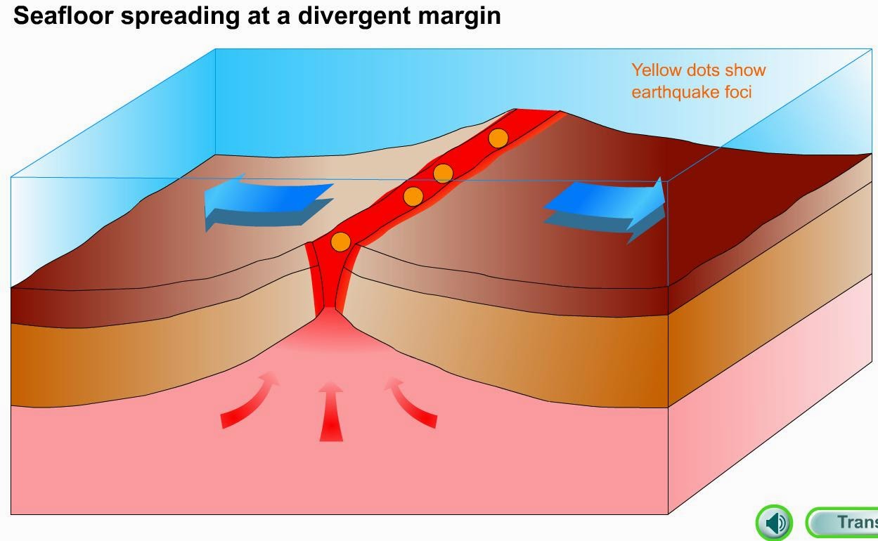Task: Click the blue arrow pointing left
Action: (x=267, y=202)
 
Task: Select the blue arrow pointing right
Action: (x=606, y=209)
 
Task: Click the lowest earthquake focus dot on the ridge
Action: (x=340, y=242)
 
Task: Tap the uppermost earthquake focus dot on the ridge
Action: (x=498, y=138)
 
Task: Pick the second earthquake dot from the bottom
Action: (x=413, y=196)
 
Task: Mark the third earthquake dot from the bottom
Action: (x=443, y=173)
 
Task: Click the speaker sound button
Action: (x=775, y=523)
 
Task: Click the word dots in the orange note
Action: (x=704, y=70)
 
